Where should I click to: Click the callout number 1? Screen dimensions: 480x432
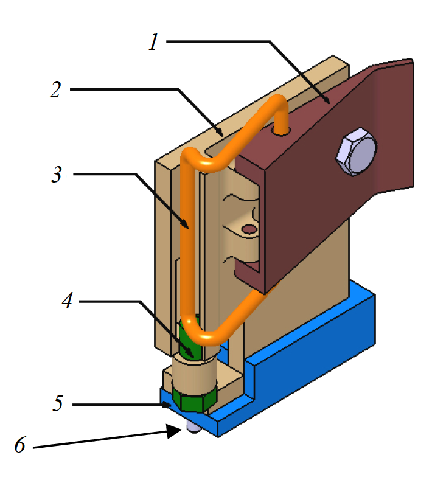[x=155, y=42]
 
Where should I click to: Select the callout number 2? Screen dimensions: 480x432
[x=55, y=90]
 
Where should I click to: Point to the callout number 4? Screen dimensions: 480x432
[x=68, y=301]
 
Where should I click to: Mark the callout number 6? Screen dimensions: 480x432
[x=20, y=446]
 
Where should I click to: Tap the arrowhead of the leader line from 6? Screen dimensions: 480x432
[x=176, y=431]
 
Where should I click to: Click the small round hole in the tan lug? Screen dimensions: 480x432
[x=248, y=229]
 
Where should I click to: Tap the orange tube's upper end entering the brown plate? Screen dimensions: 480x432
[x=282, y=127]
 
